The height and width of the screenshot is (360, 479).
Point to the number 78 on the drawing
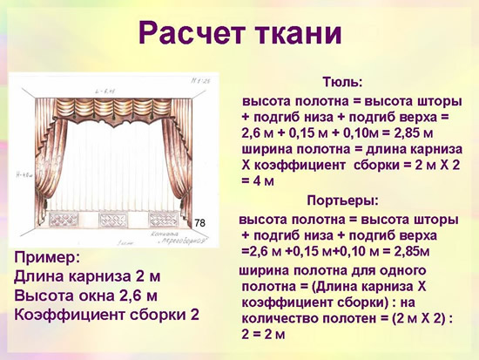200,224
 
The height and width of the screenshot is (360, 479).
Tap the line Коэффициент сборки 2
108,315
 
